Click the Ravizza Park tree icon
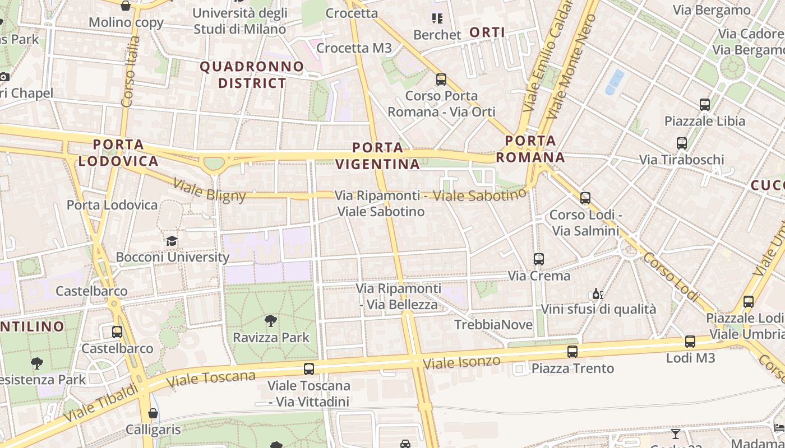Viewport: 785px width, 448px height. [x=271, y=321]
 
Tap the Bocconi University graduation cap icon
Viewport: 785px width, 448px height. [x=172, y=241]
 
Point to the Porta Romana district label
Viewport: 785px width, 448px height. [x=530, y=149]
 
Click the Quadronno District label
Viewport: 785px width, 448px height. [x=252, y=75]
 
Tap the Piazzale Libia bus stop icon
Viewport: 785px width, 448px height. [x=705, y=104]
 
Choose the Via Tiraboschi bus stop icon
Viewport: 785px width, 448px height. [x=682, y=143]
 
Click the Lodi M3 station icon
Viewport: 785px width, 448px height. [x=690, y=342]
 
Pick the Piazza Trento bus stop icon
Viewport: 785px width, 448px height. [x=572, y=352]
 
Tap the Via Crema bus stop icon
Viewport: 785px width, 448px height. [x=539, y=259]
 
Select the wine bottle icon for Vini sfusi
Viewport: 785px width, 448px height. [x=598, y=293]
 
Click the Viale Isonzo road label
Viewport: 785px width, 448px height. [x=461, y=361]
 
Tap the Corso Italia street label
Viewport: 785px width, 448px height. [x=130, y=71]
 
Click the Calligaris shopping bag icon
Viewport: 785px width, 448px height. [x=153, y=414]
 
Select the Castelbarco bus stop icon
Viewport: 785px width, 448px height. [x=117, y=332]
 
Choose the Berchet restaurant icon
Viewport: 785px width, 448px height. [x=437, y=18]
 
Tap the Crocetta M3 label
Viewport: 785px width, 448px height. [x=354, y=48]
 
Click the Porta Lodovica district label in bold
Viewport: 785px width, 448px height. [x=118, y=153]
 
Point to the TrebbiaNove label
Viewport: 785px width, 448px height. [x=486, y=325]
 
